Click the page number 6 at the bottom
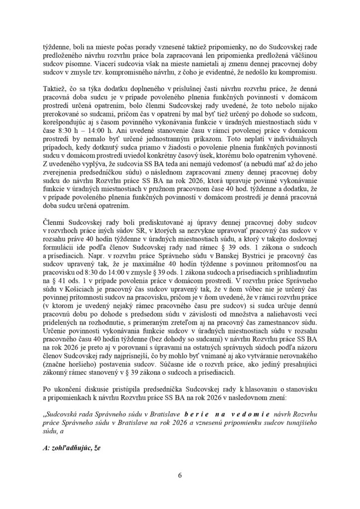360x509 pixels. [180, 476]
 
